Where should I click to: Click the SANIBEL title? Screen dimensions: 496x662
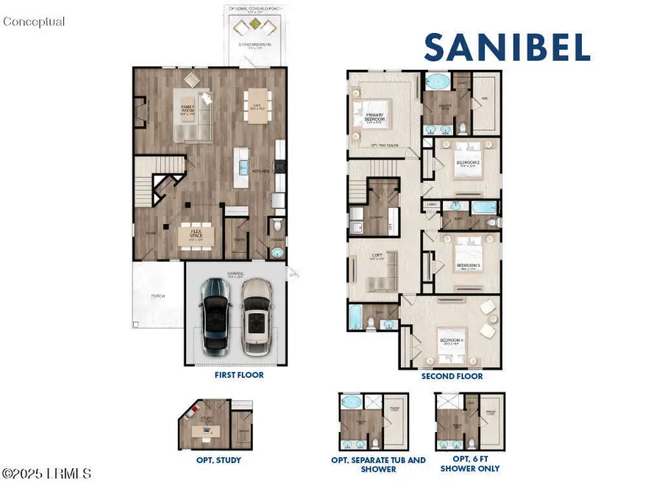coord(507,47)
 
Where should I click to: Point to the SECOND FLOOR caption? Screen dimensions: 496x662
coord(452,376)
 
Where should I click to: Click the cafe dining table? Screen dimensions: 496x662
coord(257,104)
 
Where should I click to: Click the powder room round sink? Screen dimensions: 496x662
coord(277,252)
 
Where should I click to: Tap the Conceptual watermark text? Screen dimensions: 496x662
coord(34,22)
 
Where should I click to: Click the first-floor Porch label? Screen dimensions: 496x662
coord(158,296)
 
